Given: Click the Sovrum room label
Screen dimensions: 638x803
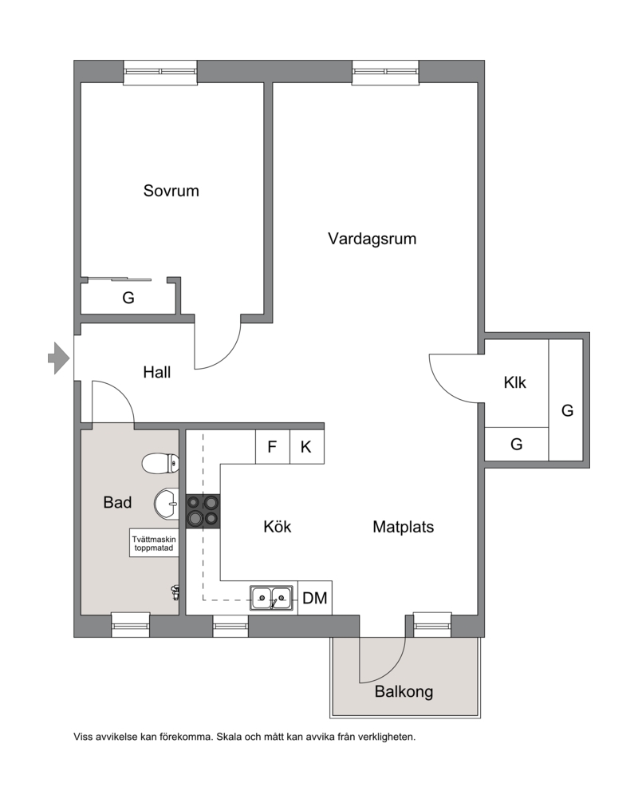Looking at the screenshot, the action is [x=171, y=191].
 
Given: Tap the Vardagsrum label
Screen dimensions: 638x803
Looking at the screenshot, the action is [x=372, y=239].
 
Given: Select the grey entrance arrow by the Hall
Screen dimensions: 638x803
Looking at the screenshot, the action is [x=59, y=358].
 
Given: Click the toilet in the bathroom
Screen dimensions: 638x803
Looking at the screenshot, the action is [x=160, y=464].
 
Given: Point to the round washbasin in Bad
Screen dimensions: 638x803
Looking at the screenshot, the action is [x=167, y=504].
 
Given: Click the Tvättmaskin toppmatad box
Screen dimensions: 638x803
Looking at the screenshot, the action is [x=153, y=543].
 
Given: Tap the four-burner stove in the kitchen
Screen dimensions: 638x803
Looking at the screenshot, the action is [x=203, y=511].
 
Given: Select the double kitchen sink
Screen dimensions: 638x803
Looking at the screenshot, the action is [x=272, y=598].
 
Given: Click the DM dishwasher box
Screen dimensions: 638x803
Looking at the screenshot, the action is [x=315, y=598].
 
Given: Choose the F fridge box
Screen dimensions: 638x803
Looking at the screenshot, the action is [x=272, y=446].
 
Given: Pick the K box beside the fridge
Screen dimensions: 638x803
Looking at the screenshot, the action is [x=306, y=446].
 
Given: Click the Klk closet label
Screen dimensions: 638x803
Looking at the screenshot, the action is [x=514, y=382].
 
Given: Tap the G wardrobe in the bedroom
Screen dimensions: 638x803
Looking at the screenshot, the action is [x=128, y=297].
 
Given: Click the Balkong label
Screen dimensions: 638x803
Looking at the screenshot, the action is [x=404, y=692].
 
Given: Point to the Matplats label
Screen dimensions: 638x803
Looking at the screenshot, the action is [x=404, y=527].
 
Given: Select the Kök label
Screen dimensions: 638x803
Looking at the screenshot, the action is [x=278, y=527].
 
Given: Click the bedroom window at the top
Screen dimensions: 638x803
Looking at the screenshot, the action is [x=160, y=72].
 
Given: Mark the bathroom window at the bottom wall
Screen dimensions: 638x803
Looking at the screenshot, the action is [x=131, y=624].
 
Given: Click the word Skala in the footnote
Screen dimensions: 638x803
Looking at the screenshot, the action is [x=230, y=738].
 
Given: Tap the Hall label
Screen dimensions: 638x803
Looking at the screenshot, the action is [x=156, y=372].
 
